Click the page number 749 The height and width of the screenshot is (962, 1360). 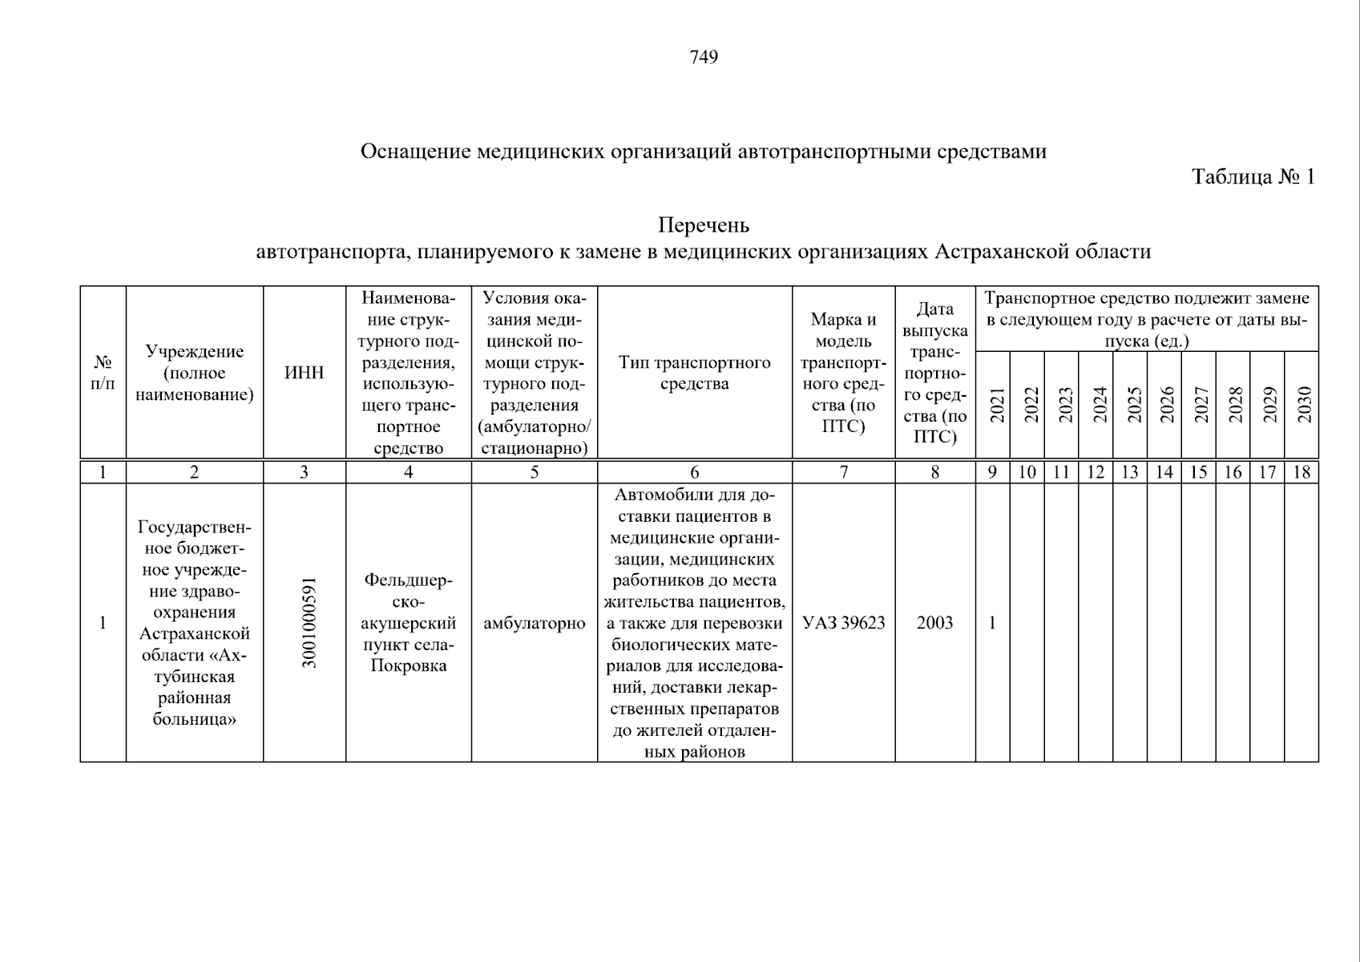click(x=703, y=57)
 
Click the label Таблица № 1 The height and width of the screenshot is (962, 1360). click(x=1253, y=176)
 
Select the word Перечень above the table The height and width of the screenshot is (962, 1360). click(x=703, y=225)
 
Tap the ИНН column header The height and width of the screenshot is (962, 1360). click(x=305, y=373)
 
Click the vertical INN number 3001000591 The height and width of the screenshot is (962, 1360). click(x=309, y=622)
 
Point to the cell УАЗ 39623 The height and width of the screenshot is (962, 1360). click(x=843, y=623)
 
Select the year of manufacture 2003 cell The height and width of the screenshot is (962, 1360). click(x=934, y=623)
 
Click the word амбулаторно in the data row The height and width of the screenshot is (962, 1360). click(x=534, y=623)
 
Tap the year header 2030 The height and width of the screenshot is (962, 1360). click(x=1304, y=405)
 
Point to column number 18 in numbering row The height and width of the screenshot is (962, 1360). click(x=1301, y=472)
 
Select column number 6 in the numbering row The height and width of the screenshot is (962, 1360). click(x=694, y=472)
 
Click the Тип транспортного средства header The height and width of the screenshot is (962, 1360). click(x=694, y=373)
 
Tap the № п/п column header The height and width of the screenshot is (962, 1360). click(x=103, y=373)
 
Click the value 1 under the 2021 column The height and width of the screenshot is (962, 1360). click(x=992, y=623)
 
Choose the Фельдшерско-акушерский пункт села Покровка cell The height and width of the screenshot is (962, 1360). click(x=408, y=623)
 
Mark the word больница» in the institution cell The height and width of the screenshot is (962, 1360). click(x=194, y=719)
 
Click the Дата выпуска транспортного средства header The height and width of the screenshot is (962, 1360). click(x=934, y=373)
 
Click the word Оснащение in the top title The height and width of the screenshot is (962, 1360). click(x=415, y=152)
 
